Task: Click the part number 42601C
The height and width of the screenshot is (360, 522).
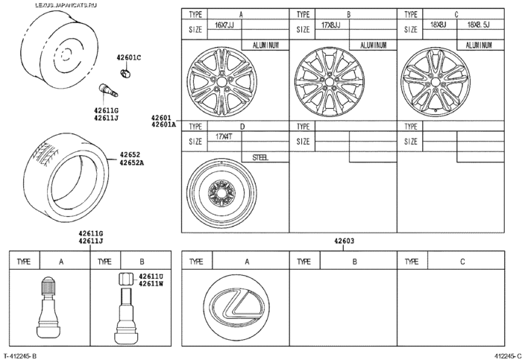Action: click(x=128, y=57)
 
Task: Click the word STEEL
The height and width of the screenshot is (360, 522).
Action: click(x=260, y=157)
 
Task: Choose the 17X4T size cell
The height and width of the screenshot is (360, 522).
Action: click(x=225, y=137)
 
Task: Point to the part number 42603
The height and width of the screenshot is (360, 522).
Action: click(x=344, y=241)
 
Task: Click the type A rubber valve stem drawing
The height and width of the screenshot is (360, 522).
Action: click(x=47, y=303)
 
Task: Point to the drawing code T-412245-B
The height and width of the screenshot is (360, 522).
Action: click(x=20, y=356)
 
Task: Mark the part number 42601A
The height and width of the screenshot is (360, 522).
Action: click(x=163, y=125)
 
